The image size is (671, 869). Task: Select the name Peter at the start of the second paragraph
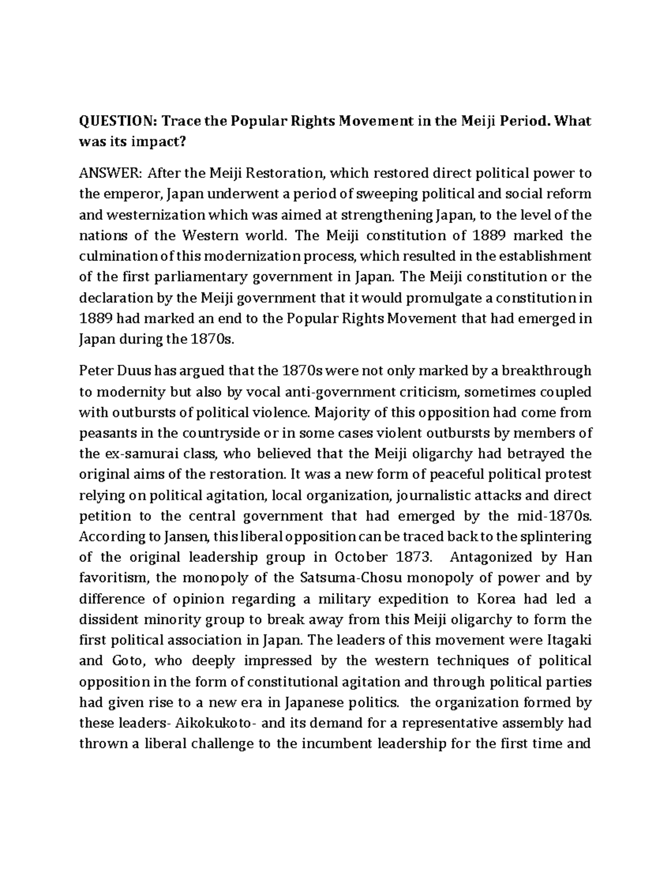coord(95,370)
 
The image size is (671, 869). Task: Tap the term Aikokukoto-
coord(216,723)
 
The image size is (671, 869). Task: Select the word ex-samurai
coord(132,454)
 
